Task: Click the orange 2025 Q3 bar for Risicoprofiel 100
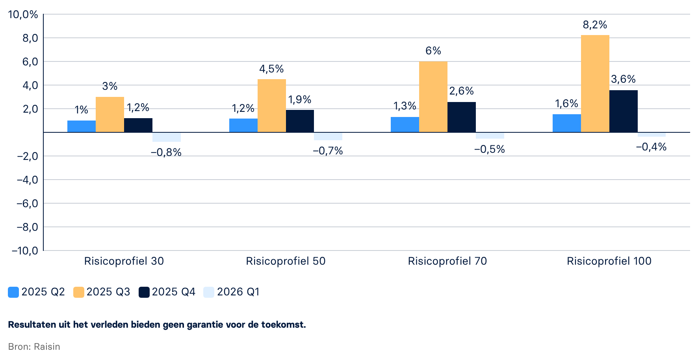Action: tap(595, 84)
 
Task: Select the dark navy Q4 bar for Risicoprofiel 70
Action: tap(461, 117)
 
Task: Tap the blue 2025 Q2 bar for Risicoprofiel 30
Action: tap(82, 126)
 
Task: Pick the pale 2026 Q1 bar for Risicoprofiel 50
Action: tap(328, 136)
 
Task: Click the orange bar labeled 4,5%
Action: tap(271, 106)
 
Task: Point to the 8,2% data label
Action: tap(595, 25)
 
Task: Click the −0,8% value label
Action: tap(166, 152)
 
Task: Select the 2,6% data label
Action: tap(461, 91)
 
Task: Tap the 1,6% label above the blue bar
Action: tap(566, 104)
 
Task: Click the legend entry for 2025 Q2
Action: tap(36, 292)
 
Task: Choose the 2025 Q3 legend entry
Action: tap(102, 292)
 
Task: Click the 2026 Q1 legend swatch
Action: tap(209, 292)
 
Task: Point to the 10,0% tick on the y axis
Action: tap(23, 15)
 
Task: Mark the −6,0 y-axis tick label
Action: tap(27, 204)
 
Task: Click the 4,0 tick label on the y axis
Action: tap(30, 85)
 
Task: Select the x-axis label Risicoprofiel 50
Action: tap(286, 261)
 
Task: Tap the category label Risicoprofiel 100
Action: tap(609, 261)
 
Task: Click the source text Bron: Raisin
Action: tap(34, 347)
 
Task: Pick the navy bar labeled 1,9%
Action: tap(300, 121)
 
